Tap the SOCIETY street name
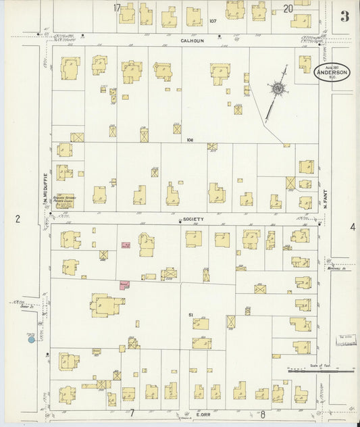[192, 220]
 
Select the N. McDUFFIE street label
[45, 188]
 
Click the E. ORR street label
[205, 413]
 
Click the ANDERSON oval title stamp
[332, 73]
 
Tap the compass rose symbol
[278, 89]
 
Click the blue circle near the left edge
[31, 339]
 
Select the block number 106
[190, 140]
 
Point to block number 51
[191, 316]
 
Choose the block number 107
[213, 21]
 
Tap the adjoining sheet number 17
[117, 7]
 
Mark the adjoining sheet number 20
[288, 8]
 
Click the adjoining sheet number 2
[18, 218]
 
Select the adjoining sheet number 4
[352, 227]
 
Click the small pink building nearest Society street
[126, 245]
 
